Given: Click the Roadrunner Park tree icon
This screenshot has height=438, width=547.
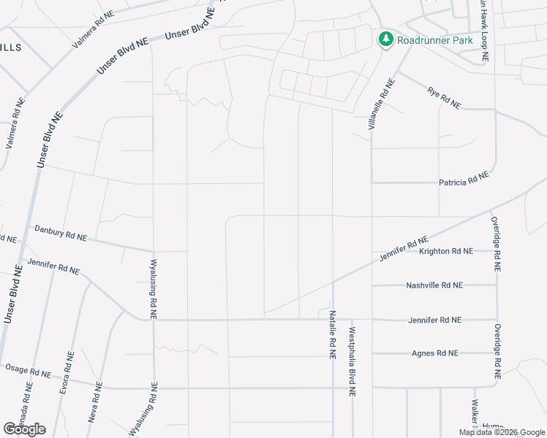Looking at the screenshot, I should pyautogui.click(x=385, y=39).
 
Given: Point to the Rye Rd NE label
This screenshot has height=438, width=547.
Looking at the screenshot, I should pyautogui.click(x=444, y=98).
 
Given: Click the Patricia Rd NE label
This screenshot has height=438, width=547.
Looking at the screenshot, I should pyautogui.click(x=463, y=180).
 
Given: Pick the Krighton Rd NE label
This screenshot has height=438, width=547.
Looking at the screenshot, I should pyautogui.click(x=445, y=251).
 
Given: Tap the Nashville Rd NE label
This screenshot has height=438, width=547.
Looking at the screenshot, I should pyautogui.click(x=434, y=285).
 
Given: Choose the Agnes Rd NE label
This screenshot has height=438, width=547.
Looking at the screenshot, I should pyautogui.click(x=434, y=353).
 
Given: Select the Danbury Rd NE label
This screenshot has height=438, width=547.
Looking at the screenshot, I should pyautogui.click(x=61, y=234).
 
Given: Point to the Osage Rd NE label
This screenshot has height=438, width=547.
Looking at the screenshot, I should pyautogui.click(x=29, y=371).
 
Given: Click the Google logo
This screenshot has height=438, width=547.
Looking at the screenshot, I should pyautogui.click(x=25, y=429).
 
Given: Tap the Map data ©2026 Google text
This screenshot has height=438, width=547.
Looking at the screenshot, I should pyautogui.click(x=502, y=432).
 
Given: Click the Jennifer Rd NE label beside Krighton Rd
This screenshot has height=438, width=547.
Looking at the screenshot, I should pyautogui.click(x=403, y=250).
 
